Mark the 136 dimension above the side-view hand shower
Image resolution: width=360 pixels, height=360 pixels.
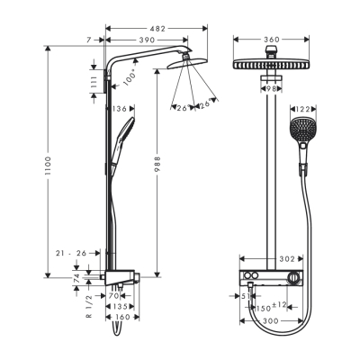[121, 110]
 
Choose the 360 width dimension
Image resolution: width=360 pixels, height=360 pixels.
[271, 41]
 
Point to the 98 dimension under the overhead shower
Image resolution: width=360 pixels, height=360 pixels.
[271, 88]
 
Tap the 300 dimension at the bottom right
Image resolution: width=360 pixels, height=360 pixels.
[285, 319]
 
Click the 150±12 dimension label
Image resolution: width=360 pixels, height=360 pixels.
[274, 305]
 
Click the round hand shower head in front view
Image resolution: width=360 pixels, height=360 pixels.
[303, 131]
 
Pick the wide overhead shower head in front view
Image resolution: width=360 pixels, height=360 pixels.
[271, 67]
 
